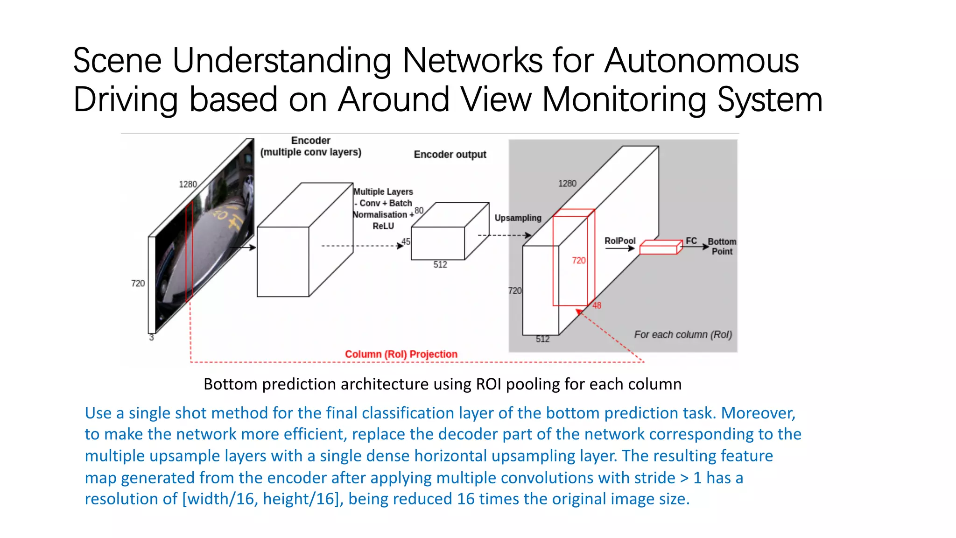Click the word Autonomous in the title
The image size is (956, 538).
click(x=701, y=61)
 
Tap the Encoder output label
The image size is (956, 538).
click(x=450, y=155)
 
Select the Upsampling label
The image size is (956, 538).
click(x=518, y=218)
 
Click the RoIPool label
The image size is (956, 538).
click(x=619, y=241)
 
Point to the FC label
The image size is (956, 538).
click(x=691, y=241)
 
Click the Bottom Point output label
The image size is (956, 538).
click(x=722, y=247)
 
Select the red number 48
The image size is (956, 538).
click(x=597, y=305)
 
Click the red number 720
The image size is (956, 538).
click(x=578, y=261)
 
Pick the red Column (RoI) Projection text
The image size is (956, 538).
click(x=401, y=354)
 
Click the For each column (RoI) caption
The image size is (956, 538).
click(x=682, y=335)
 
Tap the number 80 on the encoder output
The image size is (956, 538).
click(x=419, y=211)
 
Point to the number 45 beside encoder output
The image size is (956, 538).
click(x=406, y=241)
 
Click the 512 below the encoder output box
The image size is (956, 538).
click(x=440, y=265)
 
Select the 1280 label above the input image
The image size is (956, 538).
click(x=188, y=184)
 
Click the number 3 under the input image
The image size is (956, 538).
click(x=151, y=338)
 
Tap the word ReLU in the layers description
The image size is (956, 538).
click(x=383, y=227)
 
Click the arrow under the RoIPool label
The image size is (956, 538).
click(x=619, y=248)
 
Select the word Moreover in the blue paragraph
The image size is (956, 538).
click(x=757, y=413)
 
